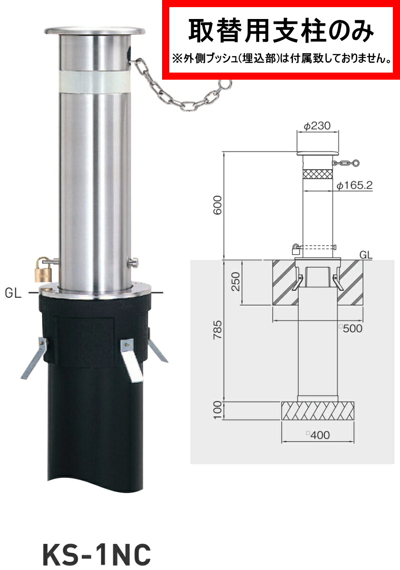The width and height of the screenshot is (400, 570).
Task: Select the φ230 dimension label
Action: (317, 126)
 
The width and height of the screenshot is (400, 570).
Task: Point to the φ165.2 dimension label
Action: (354, 186)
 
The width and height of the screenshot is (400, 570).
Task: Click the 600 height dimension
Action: (217, 205)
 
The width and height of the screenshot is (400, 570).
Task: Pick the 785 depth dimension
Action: (217, 330)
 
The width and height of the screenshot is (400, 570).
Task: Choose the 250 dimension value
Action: (236, 282)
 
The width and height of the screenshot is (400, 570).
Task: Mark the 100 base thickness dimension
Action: (217, 410)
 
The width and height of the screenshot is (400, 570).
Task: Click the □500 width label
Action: (351, 329)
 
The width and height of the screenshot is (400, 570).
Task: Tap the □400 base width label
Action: (318, 435)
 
